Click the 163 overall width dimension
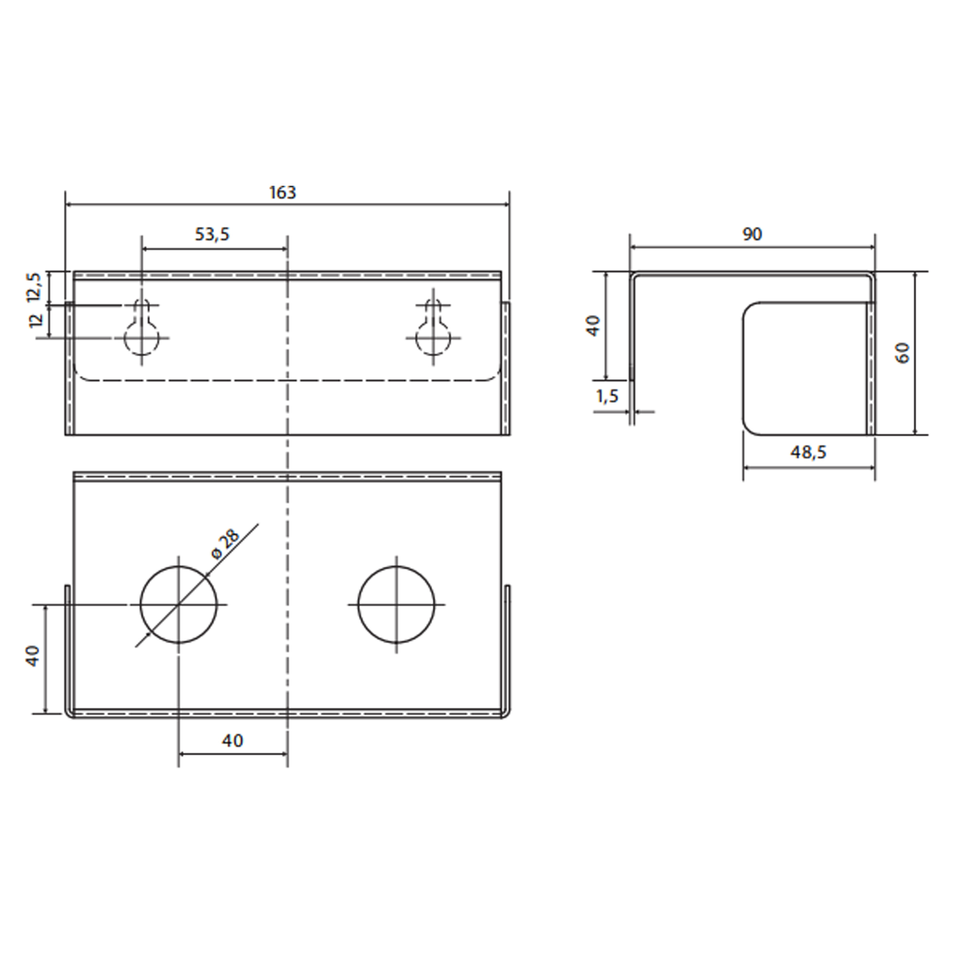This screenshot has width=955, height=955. click(282, 192)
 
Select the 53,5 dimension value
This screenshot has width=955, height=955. click(212, 234)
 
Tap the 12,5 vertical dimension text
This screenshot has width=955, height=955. click(34, 286)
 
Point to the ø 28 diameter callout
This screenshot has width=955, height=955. click(225, 544)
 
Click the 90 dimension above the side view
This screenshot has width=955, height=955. click(752, 234)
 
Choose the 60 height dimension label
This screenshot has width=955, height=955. click(902, 353)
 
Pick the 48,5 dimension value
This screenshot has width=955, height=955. click(808, 452)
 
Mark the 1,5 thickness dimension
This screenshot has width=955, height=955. click(607, 396)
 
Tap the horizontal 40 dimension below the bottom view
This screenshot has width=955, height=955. click(233, 740)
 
